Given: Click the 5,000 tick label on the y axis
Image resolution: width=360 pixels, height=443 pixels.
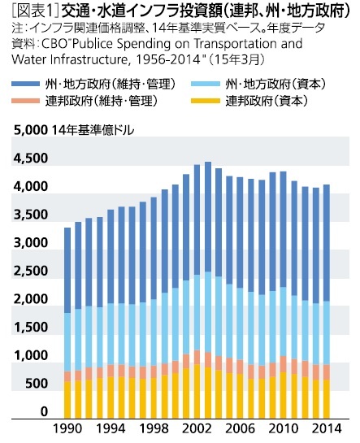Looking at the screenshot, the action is click(31, 130).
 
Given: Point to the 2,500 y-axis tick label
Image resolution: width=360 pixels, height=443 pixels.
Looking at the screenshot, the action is click(31, 271).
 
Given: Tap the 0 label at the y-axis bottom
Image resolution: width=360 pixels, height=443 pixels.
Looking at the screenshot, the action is click(44, 411).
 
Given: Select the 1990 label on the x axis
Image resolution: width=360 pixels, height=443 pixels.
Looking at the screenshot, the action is click(67, 429).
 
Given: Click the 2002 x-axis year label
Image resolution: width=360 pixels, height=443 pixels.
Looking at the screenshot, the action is click(197, 429).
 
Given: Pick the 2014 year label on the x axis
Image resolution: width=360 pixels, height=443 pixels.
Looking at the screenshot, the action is click(327, 429).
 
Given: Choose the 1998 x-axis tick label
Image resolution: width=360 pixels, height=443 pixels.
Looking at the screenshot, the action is click(154, 429).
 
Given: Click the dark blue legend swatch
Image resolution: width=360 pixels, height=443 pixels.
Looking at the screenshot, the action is click(26, 84).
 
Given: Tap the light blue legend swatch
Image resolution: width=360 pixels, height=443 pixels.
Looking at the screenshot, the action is click(206, 84).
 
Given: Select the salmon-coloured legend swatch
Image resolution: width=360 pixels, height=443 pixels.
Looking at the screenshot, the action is click(26, 101).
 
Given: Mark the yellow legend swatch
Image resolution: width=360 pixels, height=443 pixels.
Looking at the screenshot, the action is click(206, 101).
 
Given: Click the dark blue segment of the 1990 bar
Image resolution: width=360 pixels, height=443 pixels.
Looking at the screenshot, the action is click(67, 271).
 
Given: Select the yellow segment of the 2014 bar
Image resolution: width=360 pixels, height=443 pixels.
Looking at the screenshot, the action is click(327, 399).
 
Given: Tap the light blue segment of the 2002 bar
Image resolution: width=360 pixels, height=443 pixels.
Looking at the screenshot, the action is click(197, 312).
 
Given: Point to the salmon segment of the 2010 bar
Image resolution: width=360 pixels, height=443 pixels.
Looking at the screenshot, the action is click(283, 364).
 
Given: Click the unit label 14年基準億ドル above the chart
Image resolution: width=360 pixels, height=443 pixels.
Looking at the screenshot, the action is click(93, 130).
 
